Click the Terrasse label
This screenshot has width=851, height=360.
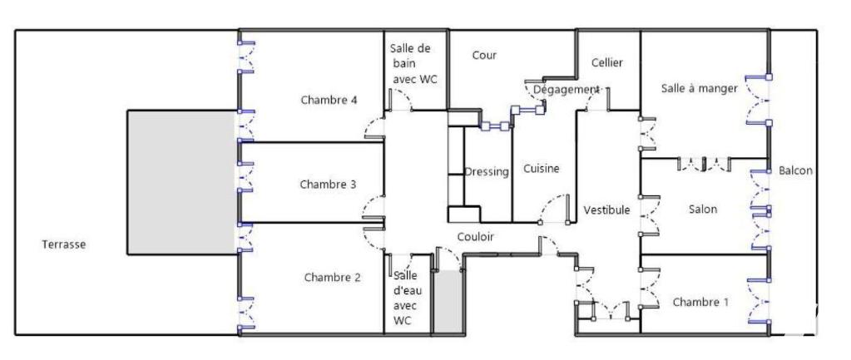click(x=63, y=244)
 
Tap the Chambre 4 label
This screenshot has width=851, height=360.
click(x=329, y=100)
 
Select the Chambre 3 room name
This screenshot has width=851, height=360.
click(x=328, y=185)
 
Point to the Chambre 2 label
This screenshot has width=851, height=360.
click(x=332, y=278)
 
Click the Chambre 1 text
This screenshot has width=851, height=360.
click(x=700, y=302)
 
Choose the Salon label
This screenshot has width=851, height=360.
click(x=703, y=209)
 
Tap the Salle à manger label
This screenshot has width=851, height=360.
click(x=700, y=88)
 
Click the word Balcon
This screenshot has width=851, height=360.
click(x=795, y=170)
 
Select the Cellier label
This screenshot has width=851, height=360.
click(x=607, y=62)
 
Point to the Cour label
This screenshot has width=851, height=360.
click(x=484, y=55)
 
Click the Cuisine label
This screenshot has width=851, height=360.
click(x=541, y=169)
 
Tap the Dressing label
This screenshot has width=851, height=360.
click(x=487, y=172)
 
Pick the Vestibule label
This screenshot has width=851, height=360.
click(x=606, y=210)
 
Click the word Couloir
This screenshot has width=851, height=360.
click(x=476, y=236)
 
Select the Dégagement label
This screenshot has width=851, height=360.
click(x=566, y=89)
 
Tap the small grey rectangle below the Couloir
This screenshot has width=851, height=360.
click(x=449, y=301)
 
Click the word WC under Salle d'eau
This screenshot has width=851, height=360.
click(x=402, y=320)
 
